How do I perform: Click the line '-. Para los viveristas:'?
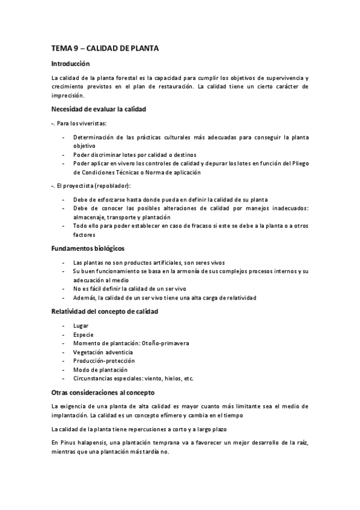coord(79,123)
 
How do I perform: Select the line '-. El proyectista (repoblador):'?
coord(91,186)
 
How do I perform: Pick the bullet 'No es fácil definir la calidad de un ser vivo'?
coord(130,289)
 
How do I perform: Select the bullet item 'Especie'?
coord(84,334)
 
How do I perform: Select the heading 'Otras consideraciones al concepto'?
coord(103,392)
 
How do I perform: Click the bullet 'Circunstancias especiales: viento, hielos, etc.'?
coord(133,378)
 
